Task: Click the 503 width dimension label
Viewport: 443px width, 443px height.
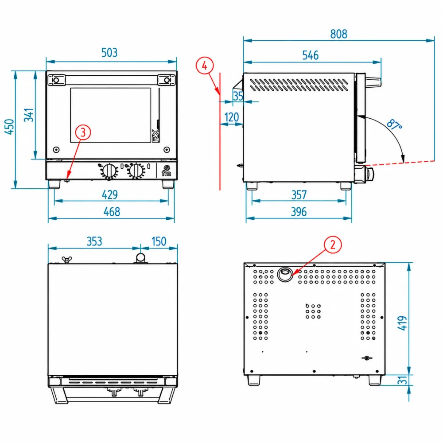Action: [x=109, y=53]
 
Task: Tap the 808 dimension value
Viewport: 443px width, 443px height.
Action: [x=338, y=34]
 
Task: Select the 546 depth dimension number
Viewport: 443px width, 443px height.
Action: [x=310, y=55]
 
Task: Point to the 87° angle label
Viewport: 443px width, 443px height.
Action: [x=394, y=124]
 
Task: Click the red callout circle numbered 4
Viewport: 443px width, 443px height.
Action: [x=205, y=66]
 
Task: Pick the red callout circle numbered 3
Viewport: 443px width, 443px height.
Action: [x=83, y=132]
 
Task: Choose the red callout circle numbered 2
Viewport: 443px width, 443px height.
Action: [x=333, y=245]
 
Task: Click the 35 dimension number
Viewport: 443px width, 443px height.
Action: [x=238, y=96]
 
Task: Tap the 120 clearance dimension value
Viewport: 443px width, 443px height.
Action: [x=231, y=117]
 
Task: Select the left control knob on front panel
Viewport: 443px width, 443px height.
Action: [x=109, y=171]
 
